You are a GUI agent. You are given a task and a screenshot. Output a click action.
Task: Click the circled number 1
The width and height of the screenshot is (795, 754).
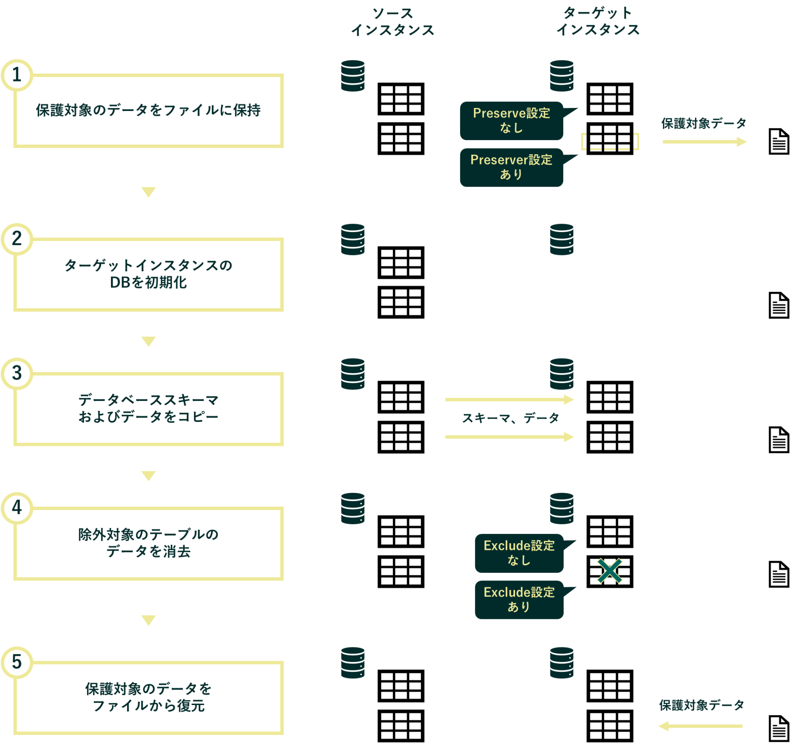click(x=16, y=75)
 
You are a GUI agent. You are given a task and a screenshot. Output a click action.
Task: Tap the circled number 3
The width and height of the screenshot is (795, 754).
click(x=16, y=373)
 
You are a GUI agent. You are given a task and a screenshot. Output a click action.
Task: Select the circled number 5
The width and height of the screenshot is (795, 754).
click(x=16, y=662)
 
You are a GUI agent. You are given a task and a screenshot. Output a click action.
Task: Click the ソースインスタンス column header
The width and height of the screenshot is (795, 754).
click(x=392, y=22)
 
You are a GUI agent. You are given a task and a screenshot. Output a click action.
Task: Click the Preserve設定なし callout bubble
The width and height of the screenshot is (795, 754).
click(x=511, y=121)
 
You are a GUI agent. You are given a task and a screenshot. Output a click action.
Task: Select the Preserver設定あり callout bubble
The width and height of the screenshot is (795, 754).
click(x=511, y=167)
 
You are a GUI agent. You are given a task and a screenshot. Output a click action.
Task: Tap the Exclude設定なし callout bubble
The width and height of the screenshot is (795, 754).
click(x=519, y=553)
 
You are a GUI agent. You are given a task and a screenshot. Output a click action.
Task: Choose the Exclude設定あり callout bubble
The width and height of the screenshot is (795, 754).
click(x=519, y=600)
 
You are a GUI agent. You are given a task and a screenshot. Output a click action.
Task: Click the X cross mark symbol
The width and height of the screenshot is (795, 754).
click(x=609, y=571)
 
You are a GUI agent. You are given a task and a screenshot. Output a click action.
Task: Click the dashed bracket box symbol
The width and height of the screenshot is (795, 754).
click(x=610, y=142)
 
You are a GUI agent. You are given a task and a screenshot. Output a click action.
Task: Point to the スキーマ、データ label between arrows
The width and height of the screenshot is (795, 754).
click(x=510, y=418)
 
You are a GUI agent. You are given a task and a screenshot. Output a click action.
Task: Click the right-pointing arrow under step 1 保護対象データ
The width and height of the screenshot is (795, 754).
click(x=704, y=142)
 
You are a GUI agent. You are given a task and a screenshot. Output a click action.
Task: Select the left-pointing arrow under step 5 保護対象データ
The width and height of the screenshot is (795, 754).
click(x=700, y=726)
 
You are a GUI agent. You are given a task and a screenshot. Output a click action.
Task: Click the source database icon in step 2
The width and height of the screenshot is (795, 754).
click(x=352, y=239)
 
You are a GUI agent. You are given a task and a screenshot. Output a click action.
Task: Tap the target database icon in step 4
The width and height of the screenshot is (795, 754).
click(x=561, y=508)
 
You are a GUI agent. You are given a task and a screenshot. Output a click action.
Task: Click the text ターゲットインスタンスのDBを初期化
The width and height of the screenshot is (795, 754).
click(x=148, y=274)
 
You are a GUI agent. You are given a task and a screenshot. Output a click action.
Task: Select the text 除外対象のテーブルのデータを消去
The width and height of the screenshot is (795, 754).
click(x=148, y=543)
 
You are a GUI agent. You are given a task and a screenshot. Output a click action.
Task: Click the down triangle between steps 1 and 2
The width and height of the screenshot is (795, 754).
click(x=148, y=192)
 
